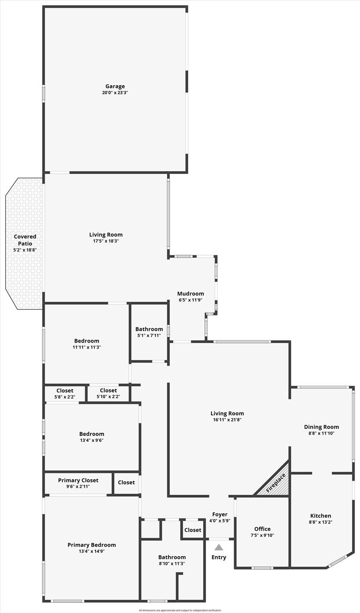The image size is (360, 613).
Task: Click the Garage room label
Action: [115, 86]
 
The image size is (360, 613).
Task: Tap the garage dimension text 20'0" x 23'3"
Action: [115, 92]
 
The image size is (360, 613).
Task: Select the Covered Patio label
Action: [25, 240]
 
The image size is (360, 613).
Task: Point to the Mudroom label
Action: [190, 294]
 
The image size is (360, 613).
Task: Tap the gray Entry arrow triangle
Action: [218, 547]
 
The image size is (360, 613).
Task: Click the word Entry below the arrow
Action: [218, 557]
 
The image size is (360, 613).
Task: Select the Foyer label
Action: [220, 514]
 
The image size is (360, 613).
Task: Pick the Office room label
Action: [262, 529]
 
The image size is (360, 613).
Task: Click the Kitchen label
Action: [321, 516]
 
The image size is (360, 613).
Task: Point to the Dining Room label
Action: [322, 427]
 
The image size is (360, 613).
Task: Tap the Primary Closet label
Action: [78, 480]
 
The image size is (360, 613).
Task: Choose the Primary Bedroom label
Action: [92, 545]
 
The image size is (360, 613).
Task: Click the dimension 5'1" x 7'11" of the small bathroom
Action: [149, 335]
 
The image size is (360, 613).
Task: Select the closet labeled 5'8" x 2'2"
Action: [65, 393]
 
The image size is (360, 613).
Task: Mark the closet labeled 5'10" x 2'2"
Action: [108, 393]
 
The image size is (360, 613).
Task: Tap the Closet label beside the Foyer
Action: [193, 530]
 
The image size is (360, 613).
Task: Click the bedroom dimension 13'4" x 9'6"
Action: [92, 440]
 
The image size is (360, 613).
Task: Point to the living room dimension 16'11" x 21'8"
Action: [227, 420]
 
